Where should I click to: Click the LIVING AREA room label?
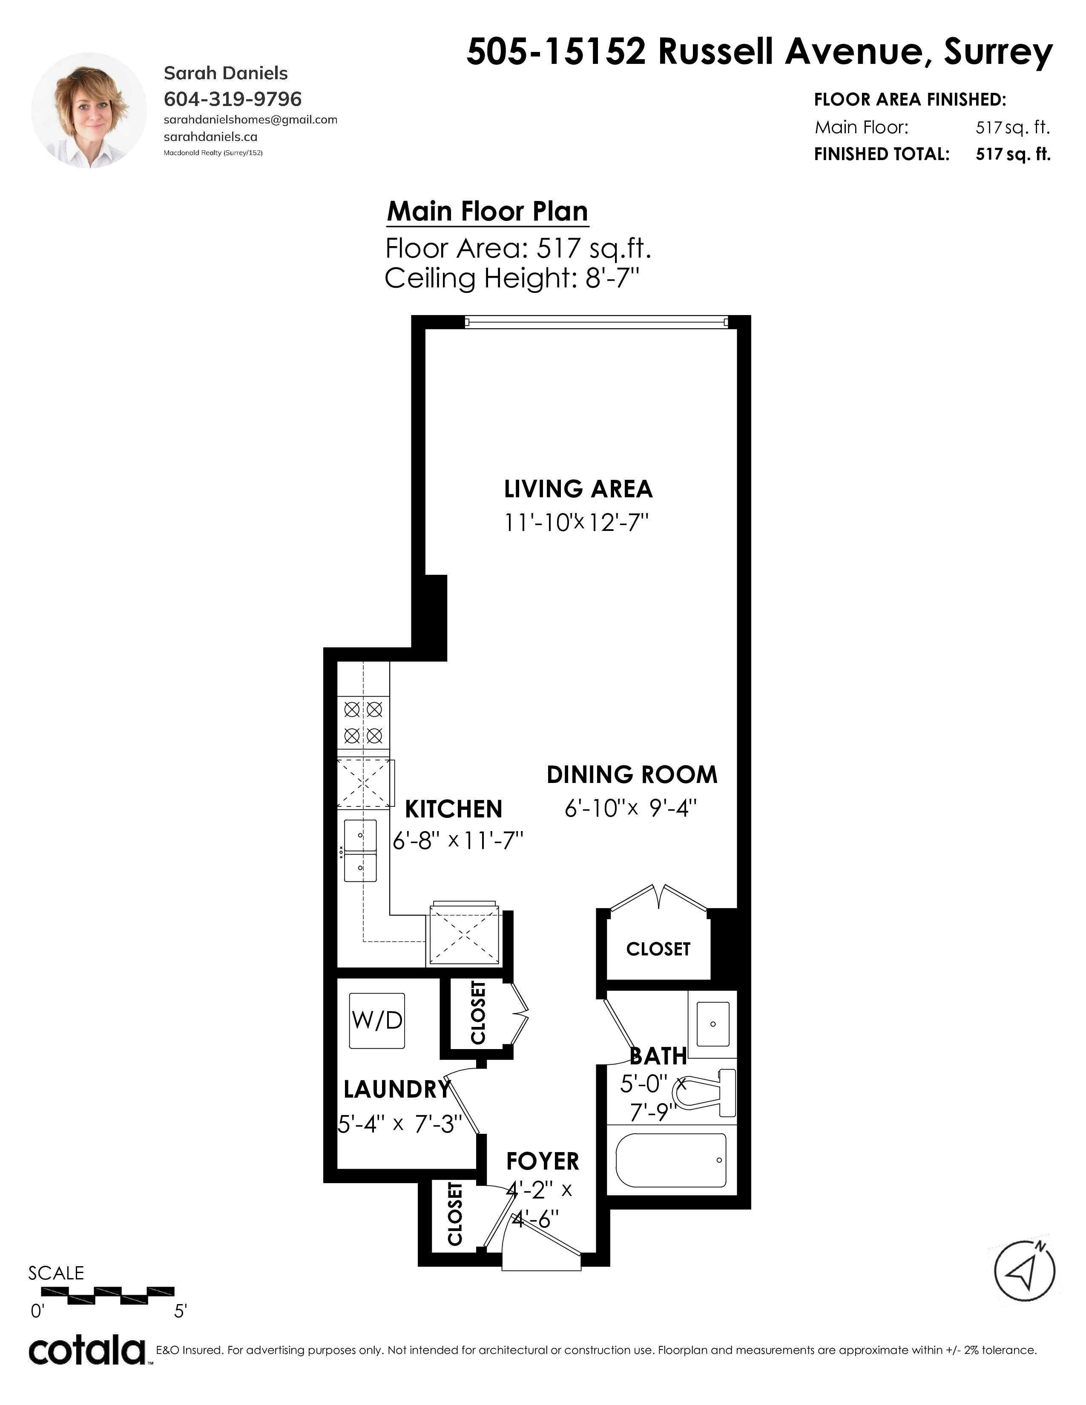pos(578,490)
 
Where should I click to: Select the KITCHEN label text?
pos(454,809)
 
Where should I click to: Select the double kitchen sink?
pos(360,851)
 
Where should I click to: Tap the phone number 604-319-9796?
pos(233,99)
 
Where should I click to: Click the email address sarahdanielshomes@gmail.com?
pos(251,120)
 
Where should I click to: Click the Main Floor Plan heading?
pos(488,212)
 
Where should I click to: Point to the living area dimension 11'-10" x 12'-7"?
pos(575,523)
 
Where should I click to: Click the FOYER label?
pos(542,1161)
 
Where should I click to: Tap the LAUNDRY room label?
pos(397,1089)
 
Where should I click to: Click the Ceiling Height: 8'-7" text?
pos(512,278)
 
